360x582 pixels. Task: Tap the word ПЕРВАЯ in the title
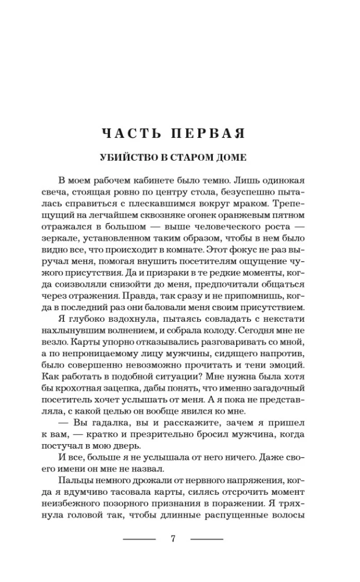206,133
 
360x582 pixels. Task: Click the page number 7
173,538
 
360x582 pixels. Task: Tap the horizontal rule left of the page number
140,538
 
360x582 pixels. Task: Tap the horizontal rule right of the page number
206,538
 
